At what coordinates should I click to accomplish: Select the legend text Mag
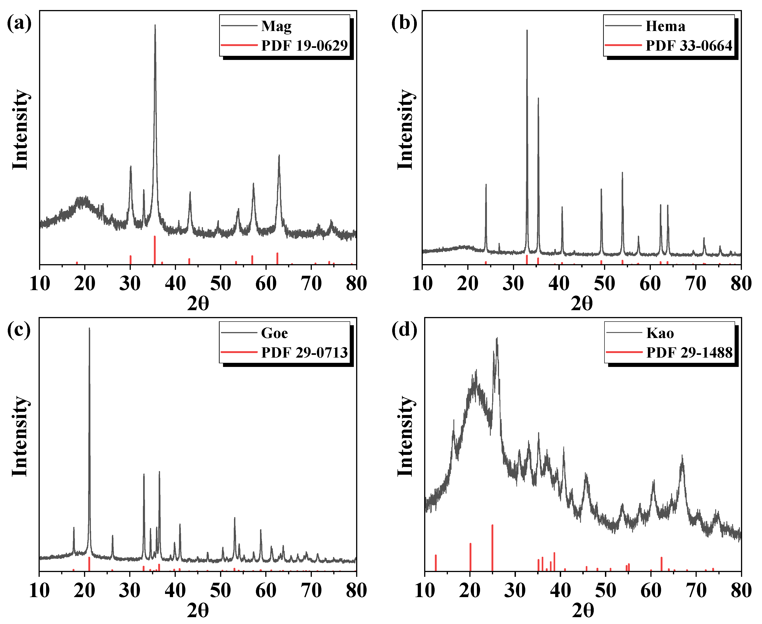(276, 26)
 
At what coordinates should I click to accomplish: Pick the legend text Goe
(274, 333)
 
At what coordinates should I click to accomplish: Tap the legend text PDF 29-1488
(689, 353)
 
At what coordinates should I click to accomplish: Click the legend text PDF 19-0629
(304, 46)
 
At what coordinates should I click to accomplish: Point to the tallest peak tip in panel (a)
(155, 25)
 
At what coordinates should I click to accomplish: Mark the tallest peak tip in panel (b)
(527, 30)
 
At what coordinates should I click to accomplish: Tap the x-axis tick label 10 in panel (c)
(39, 590)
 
